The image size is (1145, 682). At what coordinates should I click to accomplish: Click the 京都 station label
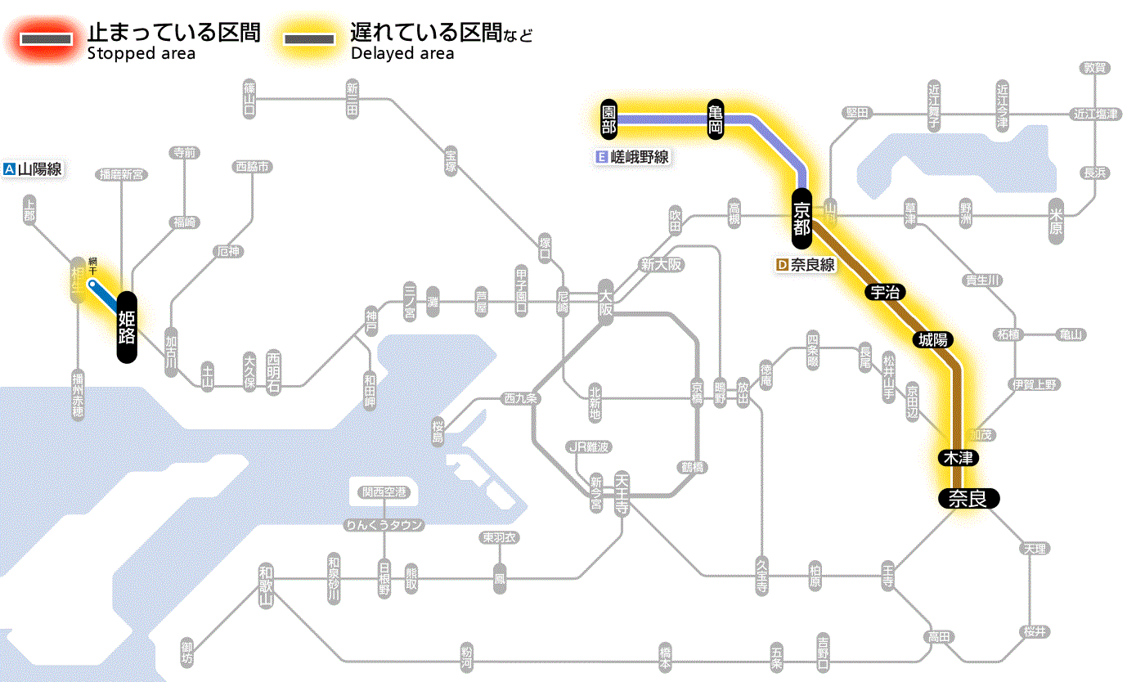[801, 218]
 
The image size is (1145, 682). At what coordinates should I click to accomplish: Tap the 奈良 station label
[968, 498]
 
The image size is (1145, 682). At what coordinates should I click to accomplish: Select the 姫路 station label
[127, 326]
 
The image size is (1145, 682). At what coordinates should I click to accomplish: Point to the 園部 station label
[608, 119]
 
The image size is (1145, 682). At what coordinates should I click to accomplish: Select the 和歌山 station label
[265, 585]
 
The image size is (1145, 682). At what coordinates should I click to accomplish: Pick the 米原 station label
[1057, 220]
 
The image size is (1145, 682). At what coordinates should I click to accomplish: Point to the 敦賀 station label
[1096, 68]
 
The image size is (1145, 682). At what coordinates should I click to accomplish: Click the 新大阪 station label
[661, 265]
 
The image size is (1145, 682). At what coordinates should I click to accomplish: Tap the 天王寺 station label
[622, 492]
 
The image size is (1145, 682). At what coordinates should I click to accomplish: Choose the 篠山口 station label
[249, 97]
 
